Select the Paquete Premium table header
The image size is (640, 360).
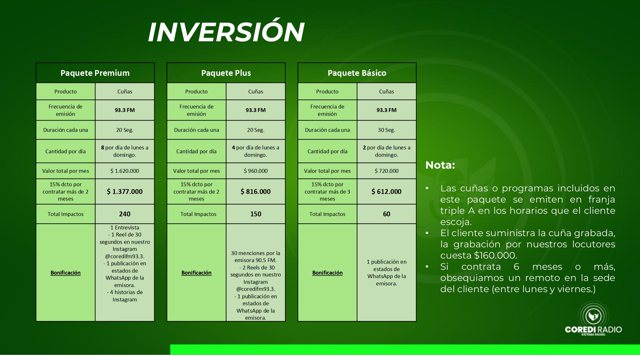(95, 73)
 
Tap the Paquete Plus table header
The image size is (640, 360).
(226, 73)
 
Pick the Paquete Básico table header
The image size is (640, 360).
(357, 73)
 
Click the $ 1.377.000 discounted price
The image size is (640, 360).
(125, 191)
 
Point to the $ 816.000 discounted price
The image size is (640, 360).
(256, 191)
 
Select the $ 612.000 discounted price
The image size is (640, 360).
(387, 191)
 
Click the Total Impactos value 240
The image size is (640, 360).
(125, 214)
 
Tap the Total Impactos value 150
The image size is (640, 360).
(256, 214)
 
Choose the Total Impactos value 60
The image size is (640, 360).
(387, 214)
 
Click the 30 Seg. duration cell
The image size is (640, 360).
(387, 130)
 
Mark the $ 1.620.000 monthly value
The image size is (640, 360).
(125, 171)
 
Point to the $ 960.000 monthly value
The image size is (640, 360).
(256, 171)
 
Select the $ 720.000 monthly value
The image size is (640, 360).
(387, 171)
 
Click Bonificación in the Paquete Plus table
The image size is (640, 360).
(196, 273)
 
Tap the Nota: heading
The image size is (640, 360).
(440, 165)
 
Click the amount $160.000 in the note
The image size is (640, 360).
(495, 255)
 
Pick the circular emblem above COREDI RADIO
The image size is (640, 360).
(593, 316)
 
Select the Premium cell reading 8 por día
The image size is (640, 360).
(125, 151)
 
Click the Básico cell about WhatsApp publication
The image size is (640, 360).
(387, 272)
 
